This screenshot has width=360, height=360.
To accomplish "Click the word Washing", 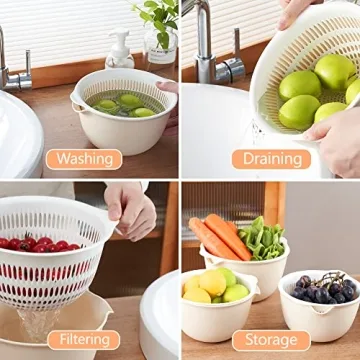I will click(84, 158).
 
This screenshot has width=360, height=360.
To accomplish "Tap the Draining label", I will click(271, 158).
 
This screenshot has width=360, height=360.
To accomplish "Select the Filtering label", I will click(84, 341).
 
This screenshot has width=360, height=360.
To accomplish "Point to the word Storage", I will click(271, 341).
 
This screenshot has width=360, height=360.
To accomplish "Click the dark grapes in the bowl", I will click(324, 288).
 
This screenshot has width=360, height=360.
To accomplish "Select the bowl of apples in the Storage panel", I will click(216, 300).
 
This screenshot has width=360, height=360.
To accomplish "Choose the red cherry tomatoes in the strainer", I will click(40, 244).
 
